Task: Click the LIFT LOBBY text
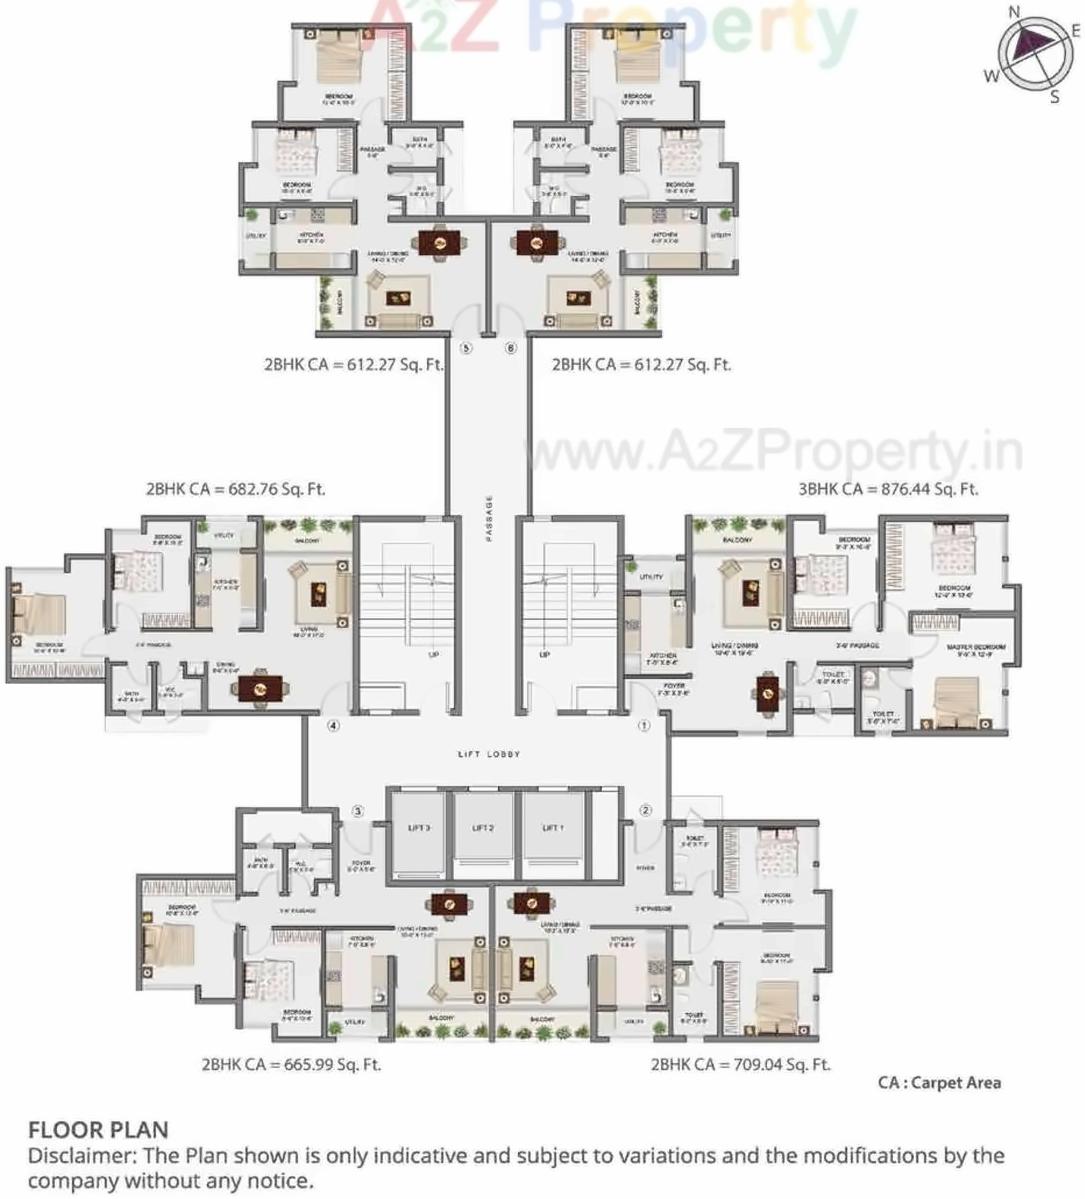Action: coord(489,754)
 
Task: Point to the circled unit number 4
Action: coord(333,726)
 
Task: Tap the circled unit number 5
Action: coord(465,349)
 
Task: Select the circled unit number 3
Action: coord(359,811)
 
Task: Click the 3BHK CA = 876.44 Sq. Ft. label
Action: coord(887,489)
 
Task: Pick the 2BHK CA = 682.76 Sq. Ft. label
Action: coord(235,489)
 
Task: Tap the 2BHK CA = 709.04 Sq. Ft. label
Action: coord(740,1064)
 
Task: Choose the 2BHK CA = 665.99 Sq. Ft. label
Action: coord(291,1064)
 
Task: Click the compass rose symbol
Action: coord(1031,49)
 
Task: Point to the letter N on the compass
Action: coord(1014,12)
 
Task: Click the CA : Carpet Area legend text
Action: coord(939,1082)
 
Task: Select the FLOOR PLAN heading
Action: coord(98,1130)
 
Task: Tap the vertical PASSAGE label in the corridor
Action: coord(490,517)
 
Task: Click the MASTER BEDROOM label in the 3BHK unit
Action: coord(975,648)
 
